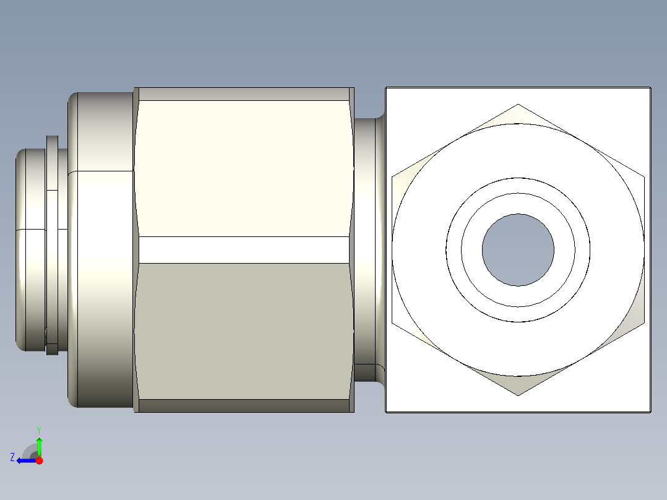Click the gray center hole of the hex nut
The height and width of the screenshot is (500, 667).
pyautogui.click(x=518, y=250)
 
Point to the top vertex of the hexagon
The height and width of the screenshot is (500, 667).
pyautogui.click(x=518, y=105)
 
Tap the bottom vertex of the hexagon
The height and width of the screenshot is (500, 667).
pyautogui.click(x=518, y=395)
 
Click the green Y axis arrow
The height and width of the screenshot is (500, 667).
pyautogui.click(x=39, y=445)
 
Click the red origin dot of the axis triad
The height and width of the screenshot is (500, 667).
pyautogui.click(x=40, y=460)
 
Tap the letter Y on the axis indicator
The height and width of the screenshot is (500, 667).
pyautogui.click(x=38, y=429)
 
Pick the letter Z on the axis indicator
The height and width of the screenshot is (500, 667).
pyautogui.click(x=12, y=457)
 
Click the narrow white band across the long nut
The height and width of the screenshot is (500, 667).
pyautogui.click(x=244, y=249)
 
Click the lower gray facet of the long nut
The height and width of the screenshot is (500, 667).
pyautogui.click(x=244, y=330)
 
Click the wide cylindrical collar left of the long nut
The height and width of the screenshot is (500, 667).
pyautogui.click(x=102, y=248)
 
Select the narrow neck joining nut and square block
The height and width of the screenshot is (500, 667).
pyautogui.click(x=369, y=248)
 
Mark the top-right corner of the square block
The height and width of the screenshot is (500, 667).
pyautogui.click(x=650, y=88)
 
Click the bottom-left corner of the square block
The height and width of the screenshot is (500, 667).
pyautogui.click(x=387, y=411)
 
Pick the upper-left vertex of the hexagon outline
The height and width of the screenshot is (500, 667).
pyautogui.click(x=392, y=177)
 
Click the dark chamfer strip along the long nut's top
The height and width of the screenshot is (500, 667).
pyautogui.click(x=244, y=94)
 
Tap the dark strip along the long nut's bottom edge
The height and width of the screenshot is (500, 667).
pyautogui.click(x=244, y=406)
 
